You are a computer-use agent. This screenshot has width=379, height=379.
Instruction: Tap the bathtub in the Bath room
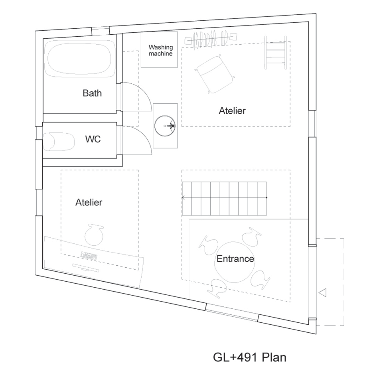point(79,58)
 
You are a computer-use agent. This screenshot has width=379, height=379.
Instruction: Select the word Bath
point(92,93)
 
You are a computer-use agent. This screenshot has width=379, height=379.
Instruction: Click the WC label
point(93,139)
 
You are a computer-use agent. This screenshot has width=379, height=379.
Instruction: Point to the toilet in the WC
point(59,142)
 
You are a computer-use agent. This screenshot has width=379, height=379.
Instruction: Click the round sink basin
point(165,126)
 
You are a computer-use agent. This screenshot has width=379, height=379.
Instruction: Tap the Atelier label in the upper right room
point(232,111)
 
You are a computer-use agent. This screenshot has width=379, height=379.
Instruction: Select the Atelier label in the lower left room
point(89,202)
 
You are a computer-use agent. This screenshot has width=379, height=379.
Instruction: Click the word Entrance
point(235,259)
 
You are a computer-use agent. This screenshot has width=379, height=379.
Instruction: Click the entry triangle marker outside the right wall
point(323,293)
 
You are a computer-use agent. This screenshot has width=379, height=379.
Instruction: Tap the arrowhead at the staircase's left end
point(183,198)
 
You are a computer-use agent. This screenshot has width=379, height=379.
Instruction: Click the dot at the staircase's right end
point(266,197)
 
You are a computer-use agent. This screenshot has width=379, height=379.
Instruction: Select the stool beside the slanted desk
point(94,235)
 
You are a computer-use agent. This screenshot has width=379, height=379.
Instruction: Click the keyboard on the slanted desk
point(89,256)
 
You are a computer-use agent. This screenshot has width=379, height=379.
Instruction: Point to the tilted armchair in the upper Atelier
point(214,74)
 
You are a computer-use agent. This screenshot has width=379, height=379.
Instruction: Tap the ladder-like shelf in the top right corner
point(276,52)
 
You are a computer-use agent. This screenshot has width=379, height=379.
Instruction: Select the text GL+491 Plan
point(249,357)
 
